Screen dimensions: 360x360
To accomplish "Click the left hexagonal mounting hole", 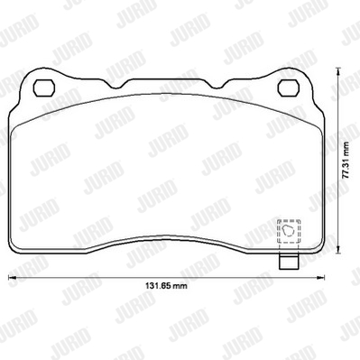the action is [44, 88].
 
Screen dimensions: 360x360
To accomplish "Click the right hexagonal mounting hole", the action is [289, 88].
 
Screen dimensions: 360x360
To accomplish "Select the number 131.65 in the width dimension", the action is [159, 285].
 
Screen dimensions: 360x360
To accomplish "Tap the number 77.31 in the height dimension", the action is [346, 171].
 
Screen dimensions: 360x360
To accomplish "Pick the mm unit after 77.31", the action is [346, 150].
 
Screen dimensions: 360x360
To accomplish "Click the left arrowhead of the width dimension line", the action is [12, 277].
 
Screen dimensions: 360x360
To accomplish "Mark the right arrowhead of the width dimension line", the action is [320, 277].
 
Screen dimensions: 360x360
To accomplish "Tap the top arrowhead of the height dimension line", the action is [338, 72].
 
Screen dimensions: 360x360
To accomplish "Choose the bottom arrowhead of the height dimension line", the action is [338, 249].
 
